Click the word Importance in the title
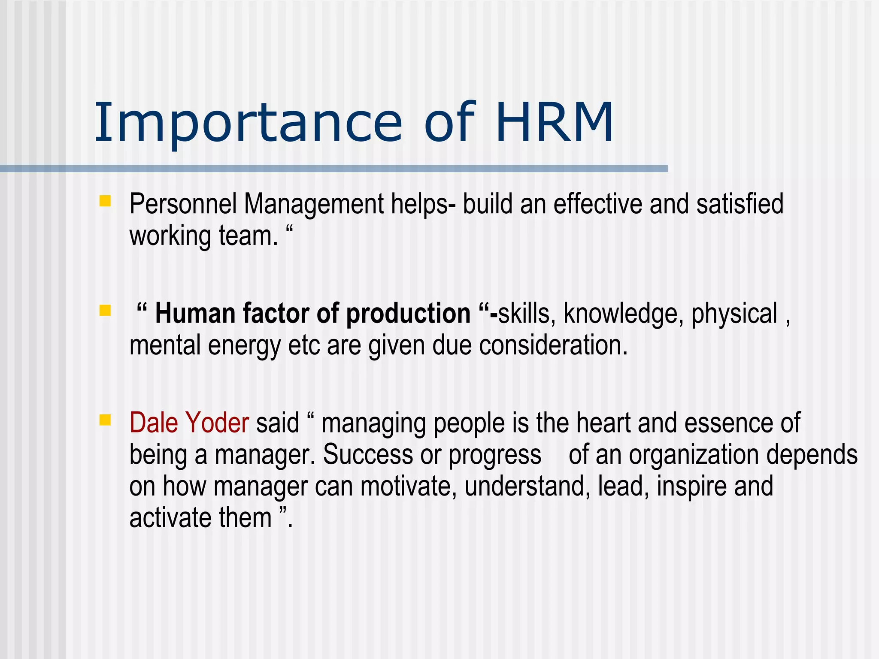coord(248,123)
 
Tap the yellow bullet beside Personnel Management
coord(105,201)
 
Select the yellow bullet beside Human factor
coord(105,310)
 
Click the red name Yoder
coord(217,423)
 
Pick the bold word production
coord(408,313)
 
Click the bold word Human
coord(195,313)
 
